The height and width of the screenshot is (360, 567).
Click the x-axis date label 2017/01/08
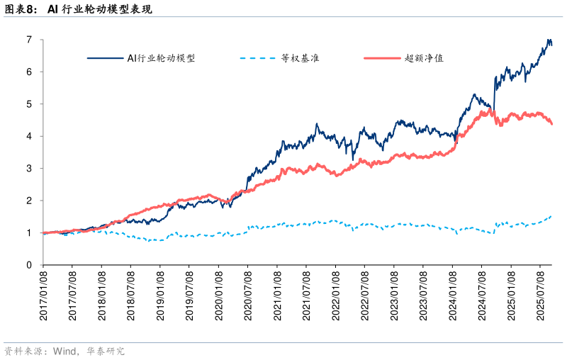(x=43, y=295)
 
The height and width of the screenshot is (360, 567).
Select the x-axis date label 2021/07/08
(x=306, y=295)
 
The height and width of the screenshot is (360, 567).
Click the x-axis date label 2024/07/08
(x=481, y=295)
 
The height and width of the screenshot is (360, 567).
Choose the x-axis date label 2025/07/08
(x=540, y=295)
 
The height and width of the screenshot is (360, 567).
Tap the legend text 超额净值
(x=424, y=58)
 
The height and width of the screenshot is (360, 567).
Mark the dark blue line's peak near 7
(x=549, y=40)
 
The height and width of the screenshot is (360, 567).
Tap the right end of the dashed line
(x=551, y=216)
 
